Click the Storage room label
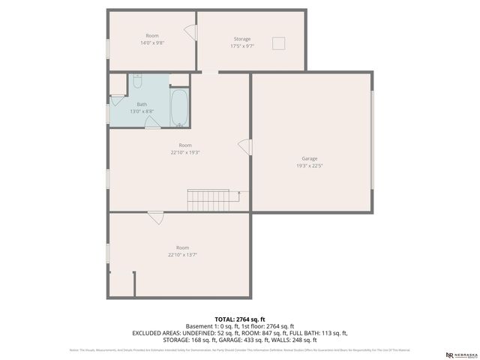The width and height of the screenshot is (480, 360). tap(241, 39)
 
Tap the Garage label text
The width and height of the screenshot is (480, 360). tap(310, 159)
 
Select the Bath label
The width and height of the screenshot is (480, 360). tap(142, 104)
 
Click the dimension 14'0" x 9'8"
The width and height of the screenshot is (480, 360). tap(152, 43)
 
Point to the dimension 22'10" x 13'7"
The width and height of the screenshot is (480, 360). tap(183, 255)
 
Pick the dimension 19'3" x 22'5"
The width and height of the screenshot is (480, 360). tap(310, 166)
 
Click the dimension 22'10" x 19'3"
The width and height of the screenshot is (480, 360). tap(184, 152)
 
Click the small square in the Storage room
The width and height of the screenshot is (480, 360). tap(280, 43)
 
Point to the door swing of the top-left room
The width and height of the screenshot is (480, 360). tap(190, 33)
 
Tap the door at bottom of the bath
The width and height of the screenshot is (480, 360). tap(152, 123)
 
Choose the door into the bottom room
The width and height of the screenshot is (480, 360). tap(155, 217)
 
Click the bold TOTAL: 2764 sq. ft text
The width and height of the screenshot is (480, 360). tap(240, 319)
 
